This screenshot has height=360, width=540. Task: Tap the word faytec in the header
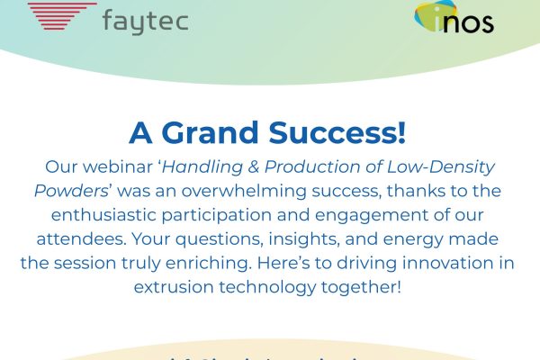[145, 20]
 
